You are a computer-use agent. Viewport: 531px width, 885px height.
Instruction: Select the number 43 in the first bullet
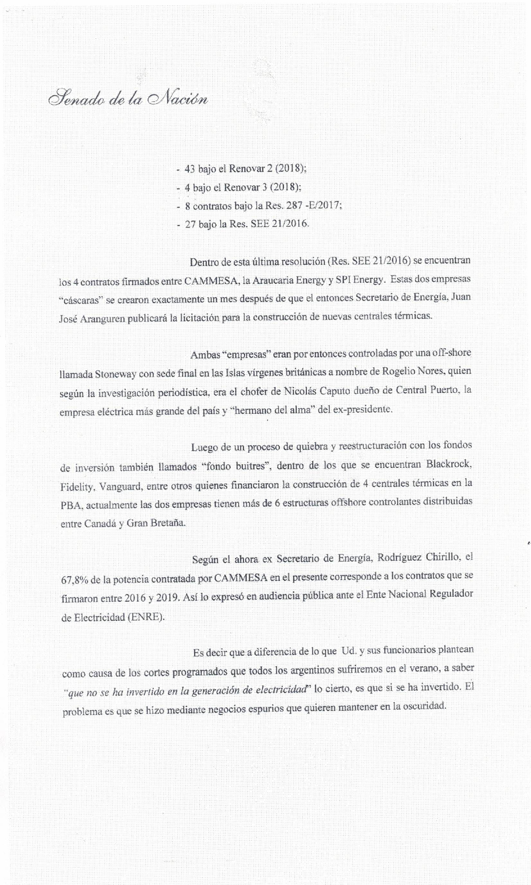[x=189, y=169]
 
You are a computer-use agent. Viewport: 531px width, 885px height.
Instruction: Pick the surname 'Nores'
[x=433, y=372]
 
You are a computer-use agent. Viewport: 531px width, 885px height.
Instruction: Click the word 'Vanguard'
[x=123, y=486]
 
